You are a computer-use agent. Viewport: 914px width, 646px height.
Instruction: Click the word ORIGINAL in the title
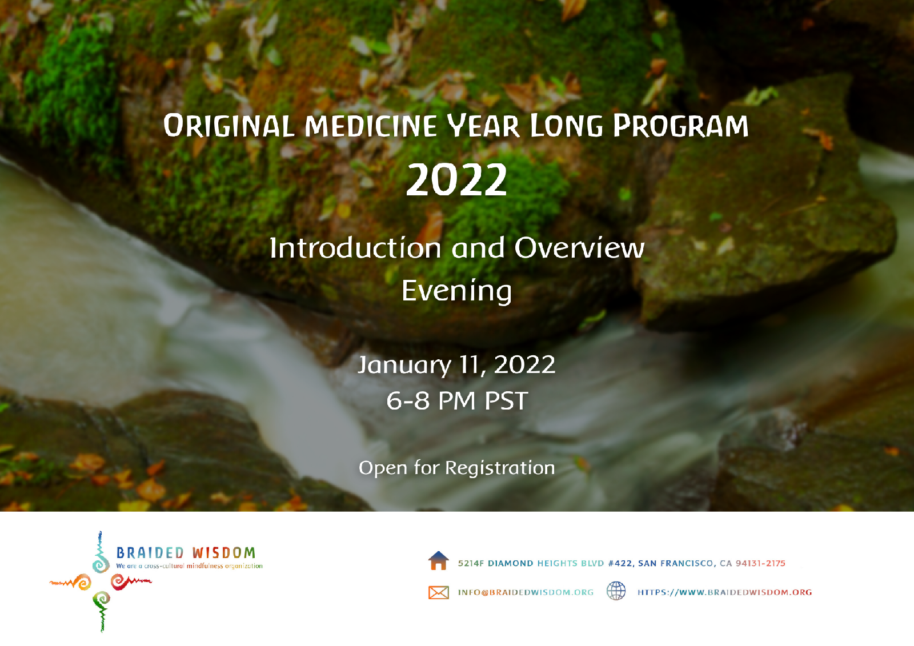229,125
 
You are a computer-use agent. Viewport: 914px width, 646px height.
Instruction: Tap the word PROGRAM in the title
681,125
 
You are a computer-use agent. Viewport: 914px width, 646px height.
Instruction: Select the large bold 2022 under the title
456,179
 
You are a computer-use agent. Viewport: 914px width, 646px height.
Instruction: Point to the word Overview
579,248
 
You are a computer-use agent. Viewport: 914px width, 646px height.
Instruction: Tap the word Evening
456,291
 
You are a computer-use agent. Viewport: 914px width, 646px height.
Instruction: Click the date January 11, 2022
456,365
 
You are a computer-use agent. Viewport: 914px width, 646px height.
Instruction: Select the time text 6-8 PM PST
457,400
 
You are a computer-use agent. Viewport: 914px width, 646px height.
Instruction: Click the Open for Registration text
456,468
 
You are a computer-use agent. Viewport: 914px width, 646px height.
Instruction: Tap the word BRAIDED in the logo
150,553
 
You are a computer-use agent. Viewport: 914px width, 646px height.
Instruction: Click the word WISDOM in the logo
223,553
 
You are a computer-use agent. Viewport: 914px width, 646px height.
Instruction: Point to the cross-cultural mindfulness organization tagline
189,566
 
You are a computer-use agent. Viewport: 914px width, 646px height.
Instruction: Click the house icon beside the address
439,561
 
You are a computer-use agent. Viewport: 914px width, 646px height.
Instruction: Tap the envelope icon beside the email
439,592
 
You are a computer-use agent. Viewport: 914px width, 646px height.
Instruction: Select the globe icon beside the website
616,591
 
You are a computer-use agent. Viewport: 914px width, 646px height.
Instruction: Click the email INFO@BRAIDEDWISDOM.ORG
526,592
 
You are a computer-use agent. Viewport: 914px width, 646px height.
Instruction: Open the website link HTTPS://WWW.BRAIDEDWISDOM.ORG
725,592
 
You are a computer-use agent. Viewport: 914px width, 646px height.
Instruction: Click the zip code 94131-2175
760,564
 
